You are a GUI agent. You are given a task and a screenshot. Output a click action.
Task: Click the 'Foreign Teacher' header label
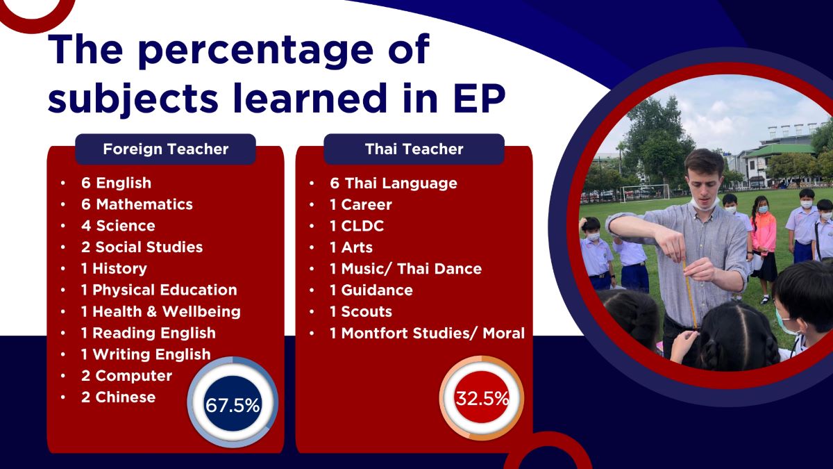click(x=165, y=149)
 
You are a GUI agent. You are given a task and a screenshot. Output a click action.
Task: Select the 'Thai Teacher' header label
click(x=414, y=149)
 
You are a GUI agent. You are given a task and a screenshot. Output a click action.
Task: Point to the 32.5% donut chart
click(x=482, y=399)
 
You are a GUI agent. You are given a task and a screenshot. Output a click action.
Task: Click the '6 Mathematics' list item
click(x=137, y=204)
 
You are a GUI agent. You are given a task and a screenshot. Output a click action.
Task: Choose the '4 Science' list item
click(x=118, y=226)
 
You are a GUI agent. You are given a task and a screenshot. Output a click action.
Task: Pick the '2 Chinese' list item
click(x=118, y=397)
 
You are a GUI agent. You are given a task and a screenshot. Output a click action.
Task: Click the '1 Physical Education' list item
click(x=158, y=290)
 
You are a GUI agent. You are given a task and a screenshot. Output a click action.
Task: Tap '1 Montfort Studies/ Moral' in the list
click(x=427, y=333)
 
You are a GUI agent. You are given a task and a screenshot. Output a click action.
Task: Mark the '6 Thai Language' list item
click(x=394, y=183)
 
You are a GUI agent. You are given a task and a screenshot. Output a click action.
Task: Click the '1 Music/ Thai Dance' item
click(x=405, y=268)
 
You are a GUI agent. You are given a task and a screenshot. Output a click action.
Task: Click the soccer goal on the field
click(x=645, y=192)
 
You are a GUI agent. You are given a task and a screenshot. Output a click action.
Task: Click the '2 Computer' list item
click(x=126, y=375)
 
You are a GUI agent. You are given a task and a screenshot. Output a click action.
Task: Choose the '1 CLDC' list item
click(x=357, y=226)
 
